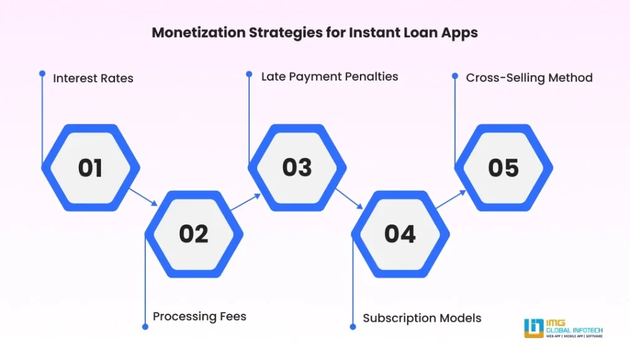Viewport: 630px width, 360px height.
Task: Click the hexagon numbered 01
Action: tap(90, 168)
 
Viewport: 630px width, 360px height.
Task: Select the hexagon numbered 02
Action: tap(194, 234)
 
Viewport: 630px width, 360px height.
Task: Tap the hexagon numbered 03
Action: tap(297, 168)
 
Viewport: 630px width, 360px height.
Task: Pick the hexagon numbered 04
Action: tap(400, 234)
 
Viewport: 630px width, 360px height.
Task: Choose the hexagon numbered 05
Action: tap(503, 168)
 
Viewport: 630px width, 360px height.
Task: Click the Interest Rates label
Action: tap(93, 78)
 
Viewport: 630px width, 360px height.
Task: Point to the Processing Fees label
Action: tap(199, 316)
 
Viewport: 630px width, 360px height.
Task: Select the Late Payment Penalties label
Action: tap(329, 77)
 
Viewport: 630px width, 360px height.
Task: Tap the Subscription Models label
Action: tap(422, 318)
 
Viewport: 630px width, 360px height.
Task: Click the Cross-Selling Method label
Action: tap(529, 78)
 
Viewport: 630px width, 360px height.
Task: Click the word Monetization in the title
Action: tap(197, 33)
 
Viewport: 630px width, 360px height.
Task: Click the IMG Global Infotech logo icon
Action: tap(533, 328)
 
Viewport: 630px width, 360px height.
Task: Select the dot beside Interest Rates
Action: tap(42, 73)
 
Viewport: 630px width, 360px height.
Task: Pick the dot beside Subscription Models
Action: tap(353, 326)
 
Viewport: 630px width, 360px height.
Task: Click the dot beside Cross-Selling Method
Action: tap(455, 76)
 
